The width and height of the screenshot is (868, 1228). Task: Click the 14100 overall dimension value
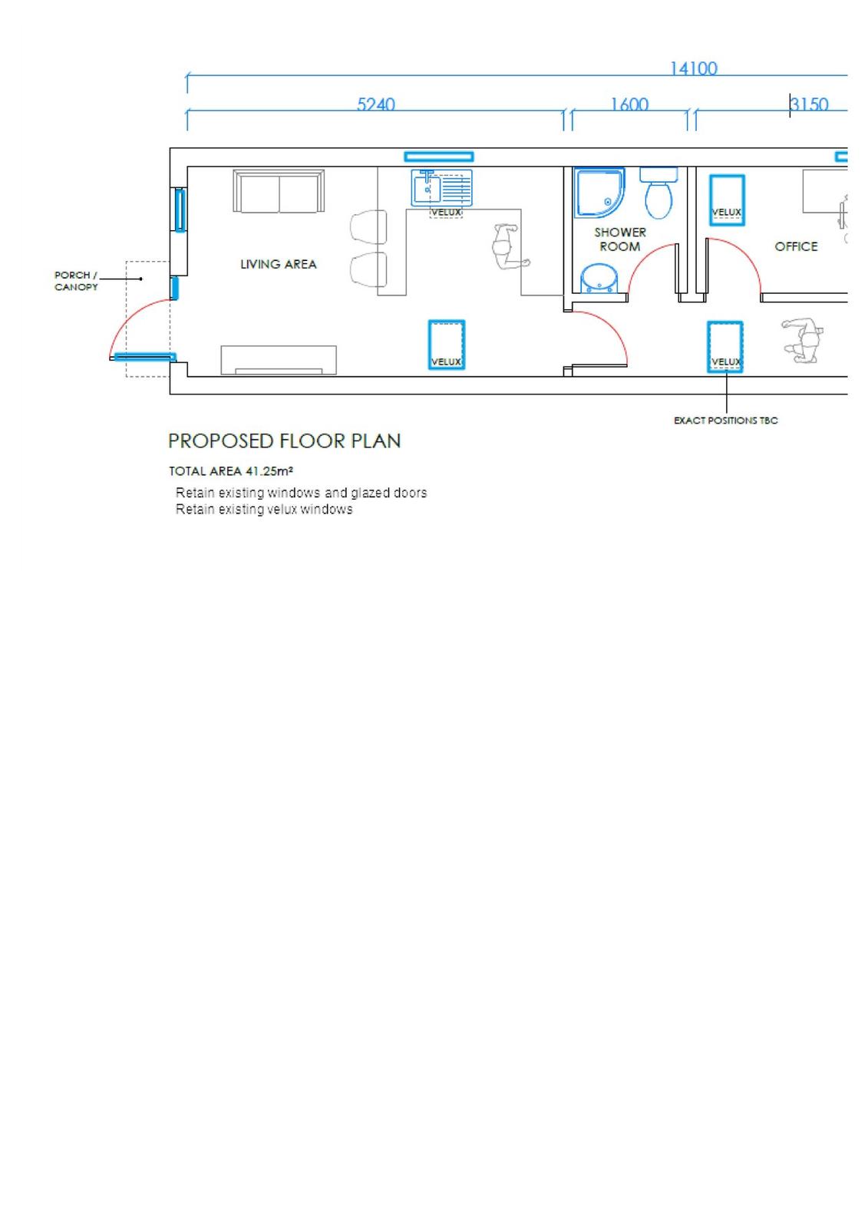coord(693,68)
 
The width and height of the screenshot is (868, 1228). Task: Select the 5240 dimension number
coord(375,104)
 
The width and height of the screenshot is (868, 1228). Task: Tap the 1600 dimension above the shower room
coord(629,104)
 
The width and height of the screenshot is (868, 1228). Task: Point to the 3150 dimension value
coord(810,104)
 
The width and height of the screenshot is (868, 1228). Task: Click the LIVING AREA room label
coord(278,264)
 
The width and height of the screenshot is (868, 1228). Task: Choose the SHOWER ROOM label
coord(620,239)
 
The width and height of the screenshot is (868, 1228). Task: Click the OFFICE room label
coord(796,246)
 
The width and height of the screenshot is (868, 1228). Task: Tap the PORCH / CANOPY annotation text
coord(76,281)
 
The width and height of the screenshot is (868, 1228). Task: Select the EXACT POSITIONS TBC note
coord(725,421)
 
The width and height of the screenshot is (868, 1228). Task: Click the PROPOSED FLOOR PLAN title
coord(284,441)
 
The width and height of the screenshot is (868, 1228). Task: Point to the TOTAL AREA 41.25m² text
coord(230,471)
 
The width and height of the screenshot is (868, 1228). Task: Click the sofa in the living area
coord(279,192)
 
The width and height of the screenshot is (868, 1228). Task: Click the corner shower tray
coord(599,192)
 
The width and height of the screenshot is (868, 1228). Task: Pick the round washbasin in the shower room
coord(598,279)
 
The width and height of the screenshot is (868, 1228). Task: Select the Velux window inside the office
coord(726,199)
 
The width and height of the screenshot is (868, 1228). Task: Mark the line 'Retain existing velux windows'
coord(264,510)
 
